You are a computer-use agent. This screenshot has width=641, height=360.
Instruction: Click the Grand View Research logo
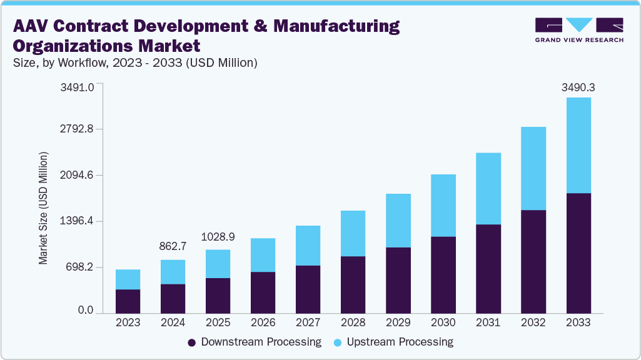pos(579,29)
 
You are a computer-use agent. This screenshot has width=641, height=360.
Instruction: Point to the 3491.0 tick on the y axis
pos(77,87)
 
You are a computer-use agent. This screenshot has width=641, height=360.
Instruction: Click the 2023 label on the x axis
pos(128,323)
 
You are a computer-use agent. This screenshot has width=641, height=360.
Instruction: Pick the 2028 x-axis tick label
pos(353,323)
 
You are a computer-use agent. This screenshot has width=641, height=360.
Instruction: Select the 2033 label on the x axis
pos(578,323)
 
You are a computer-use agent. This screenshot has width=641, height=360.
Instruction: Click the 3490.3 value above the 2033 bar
pos(578,88)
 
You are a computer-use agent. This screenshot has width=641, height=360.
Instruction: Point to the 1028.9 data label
pos(218,237)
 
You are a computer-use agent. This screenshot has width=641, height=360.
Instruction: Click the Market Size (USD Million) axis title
pos(43,207)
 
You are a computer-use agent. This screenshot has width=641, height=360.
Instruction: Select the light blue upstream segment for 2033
pos(578,145)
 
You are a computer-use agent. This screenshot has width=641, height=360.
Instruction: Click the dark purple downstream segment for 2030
pos(443,274)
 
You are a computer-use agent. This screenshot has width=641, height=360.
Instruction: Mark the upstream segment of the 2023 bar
pos(128,279)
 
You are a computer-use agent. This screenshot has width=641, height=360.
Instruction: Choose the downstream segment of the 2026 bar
pos(263,292)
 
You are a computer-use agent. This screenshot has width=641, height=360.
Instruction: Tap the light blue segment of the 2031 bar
pos(488,188)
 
